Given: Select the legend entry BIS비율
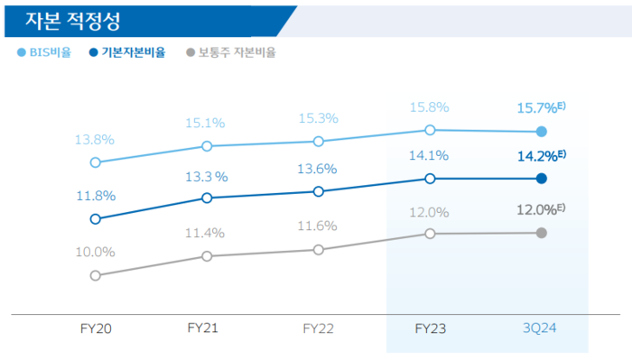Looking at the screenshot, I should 45,52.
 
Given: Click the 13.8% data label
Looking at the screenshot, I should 95,140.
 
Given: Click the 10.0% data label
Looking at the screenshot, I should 95,252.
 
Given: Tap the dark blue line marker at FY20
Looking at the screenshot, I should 95,219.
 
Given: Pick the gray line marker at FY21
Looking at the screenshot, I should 207,256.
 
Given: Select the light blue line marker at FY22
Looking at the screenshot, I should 319,142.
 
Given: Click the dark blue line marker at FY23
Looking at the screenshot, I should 430,179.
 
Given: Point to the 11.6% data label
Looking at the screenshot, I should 319,226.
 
